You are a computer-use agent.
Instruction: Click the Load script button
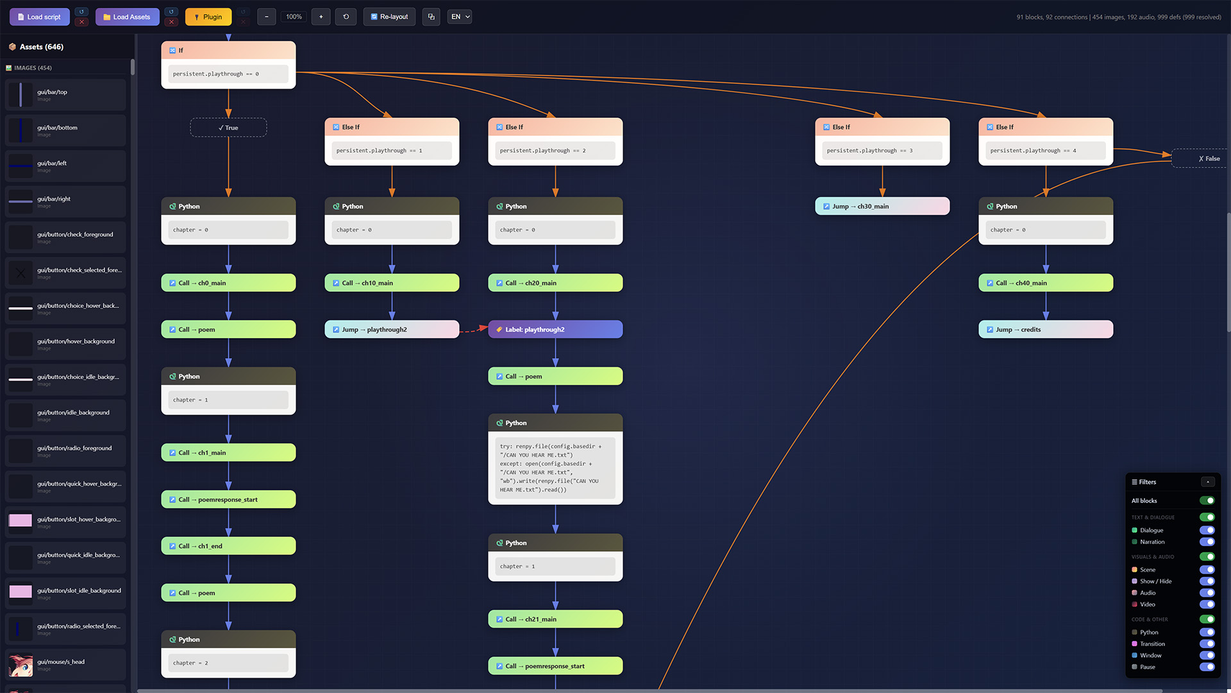(x=39, y=17)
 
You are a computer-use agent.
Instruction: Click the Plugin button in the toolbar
(x=208, y=17)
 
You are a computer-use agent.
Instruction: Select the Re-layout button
(x=389, y=17)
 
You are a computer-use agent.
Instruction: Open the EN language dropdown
(x=460, y=17)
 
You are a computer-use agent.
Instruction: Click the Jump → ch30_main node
(x=882, y=206)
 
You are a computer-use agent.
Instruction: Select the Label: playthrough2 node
(x=555, y=329)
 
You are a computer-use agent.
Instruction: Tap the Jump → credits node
(x=1045, y=329)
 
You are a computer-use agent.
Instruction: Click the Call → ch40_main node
(x=1045, y=283)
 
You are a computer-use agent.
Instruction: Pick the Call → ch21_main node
(x=555, y=619)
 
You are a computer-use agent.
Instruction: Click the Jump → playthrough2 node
(x=391, y=329)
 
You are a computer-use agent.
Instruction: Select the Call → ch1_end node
(x=228, y=546)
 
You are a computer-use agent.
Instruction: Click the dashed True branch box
(x=228, y=128)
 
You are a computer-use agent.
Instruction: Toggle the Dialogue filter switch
(x=1207, y=530)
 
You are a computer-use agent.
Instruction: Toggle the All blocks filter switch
(x=1207, y=501)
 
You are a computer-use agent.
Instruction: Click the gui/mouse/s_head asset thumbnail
(x=21, y=665)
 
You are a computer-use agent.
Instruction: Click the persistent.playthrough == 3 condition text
(x=869, y=151)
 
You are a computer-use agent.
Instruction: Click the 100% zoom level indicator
(x=294, y=17)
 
